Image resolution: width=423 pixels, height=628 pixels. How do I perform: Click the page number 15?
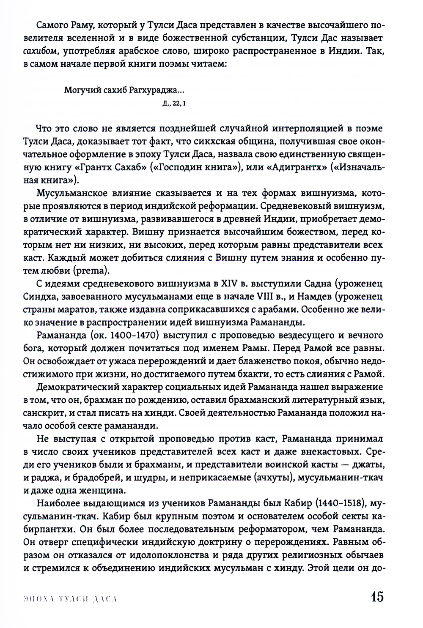pos(376,597)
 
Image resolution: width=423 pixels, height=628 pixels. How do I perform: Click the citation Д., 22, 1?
pos(174,103)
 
